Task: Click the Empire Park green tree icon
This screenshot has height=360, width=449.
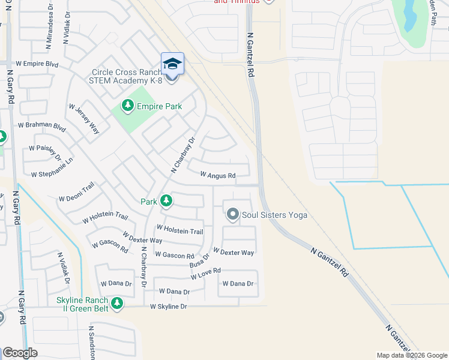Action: [127, 106]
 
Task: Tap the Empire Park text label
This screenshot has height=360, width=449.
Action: [159, 107]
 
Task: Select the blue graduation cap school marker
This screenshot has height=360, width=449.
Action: [172, 64]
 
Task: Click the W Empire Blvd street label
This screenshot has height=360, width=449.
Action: [37, 63]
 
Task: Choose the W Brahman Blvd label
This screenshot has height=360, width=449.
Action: [41, 126]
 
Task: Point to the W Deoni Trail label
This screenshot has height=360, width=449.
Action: [76, 192]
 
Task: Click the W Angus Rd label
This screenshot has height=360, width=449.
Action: [217, 175]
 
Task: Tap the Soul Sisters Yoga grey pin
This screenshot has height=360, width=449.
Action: [233, 214]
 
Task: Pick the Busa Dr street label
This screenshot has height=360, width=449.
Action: [200, 260]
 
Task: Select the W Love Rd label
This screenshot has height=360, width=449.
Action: [206, 274]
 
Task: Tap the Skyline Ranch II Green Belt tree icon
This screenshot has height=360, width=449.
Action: [116, 304]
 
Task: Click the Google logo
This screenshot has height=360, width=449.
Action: [20, 353]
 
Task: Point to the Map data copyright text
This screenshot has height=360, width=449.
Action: [410, 355]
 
